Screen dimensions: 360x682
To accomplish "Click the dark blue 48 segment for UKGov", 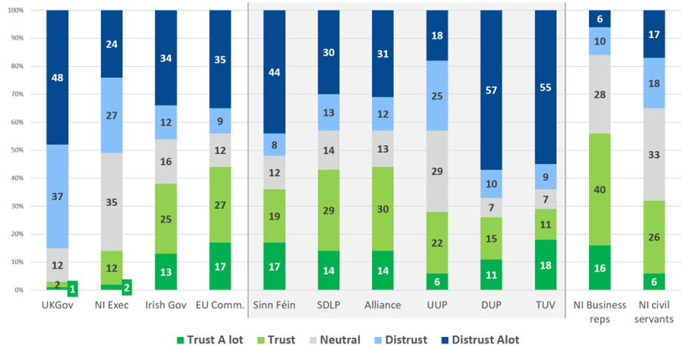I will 57,77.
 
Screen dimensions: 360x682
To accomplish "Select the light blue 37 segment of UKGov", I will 57,197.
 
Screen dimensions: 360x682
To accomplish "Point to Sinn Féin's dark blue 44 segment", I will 274,72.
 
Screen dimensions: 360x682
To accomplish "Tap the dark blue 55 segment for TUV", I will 546,87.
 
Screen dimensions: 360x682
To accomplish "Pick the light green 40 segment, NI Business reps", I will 600,189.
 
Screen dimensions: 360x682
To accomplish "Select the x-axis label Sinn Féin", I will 274,305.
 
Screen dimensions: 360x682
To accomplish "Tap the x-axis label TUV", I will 546,305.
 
